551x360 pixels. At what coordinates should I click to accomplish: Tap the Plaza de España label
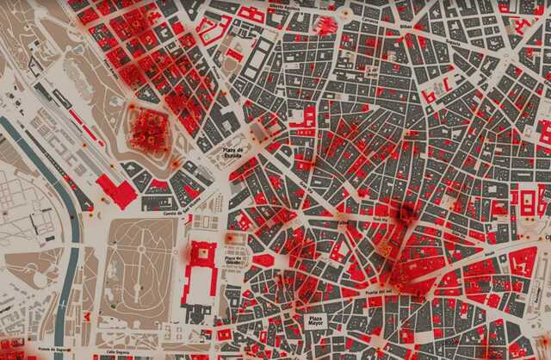coord(235,152)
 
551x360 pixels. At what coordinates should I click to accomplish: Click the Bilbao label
coord(406,26)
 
